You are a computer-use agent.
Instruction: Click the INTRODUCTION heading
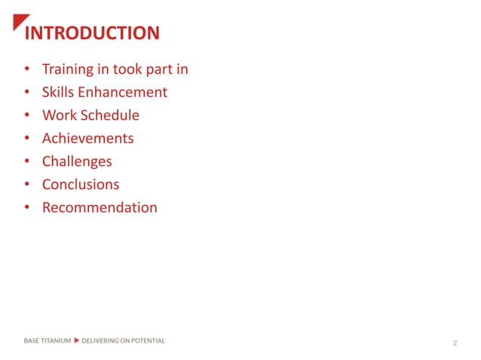coord(92,34)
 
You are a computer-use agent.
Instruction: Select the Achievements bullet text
coord(87,139)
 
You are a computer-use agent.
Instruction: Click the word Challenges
coord(77,161)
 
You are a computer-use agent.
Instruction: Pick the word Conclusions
coord(81,185)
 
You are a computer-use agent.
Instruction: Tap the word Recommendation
coord(100,207)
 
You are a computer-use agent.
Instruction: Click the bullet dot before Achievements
coord(27,139)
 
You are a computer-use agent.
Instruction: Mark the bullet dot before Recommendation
coord(27,208)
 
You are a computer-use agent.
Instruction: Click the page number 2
coord(455,343)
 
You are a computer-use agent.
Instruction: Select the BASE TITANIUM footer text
coord(47,340)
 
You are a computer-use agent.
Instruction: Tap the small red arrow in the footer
coord(76,340)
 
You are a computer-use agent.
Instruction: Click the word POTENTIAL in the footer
coord(147,340)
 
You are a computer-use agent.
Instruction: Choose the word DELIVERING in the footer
coord(100,340)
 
